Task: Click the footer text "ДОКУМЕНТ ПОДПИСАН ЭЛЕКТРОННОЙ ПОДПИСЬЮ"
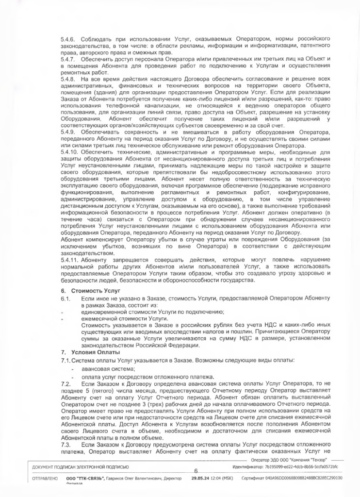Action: pos(80,467)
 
